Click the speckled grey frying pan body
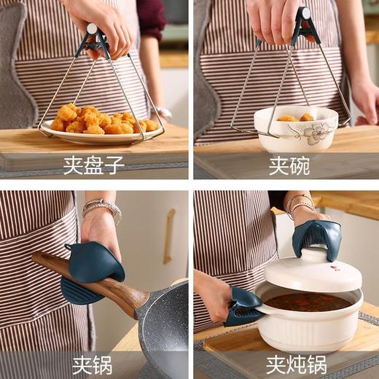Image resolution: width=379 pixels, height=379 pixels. [164, 328]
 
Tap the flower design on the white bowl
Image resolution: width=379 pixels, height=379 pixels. [318, 131]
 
